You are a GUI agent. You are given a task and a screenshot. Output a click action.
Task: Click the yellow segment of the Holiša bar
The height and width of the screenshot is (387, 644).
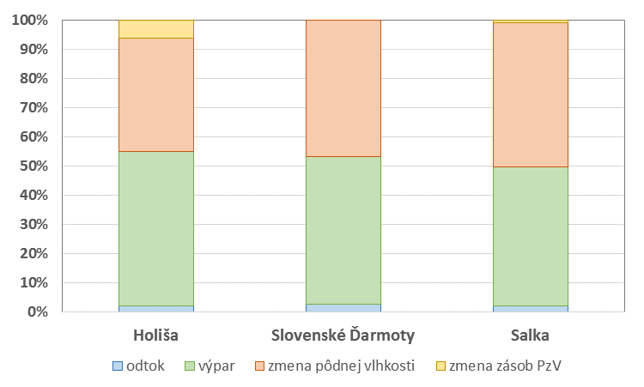(156, 29)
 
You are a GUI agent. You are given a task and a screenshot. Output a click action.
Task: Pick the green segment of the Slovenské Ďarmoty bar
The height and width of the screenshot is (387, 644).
(343, 230)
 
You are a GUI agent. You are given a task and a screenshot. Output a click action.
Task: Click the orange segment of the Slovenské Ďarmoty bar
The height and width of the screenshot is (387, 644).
(343, 88)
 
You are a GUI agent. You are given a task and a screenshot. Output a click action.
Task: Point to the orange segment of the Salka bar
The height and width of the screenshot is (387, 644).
(531, 94)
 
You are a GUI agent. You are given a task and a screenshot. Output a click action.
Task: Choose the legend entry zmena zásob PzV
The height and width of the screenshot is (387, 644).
(499, 366)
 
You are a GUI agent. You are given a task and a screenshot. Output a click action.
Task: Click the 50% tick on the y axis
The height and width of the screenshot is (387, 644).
(33, 166)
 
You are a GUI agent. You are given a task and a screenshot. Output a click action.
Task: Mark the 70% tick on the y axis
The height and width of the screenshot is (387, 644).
(33, 108)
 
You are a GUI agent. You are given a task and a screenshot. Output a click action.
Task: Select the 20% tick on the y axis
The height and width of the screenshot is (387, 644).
(33, 254)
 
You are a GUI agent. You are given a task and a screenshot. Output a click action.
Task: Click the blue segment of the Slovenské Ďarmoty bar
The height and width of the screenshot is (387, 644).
(343, 308)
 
